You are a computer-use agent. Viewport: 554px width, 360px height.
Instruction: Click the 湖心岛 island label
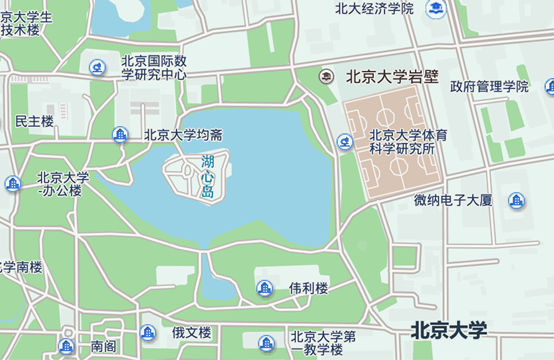pyautogui.click(x=207, y=176)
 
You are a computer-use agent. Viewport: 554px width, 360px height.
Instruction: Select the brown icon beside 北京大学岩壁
pyautogui.click(x=326, y=77)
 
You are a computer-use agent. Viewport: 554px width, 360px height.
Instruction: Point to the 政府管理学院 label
pyautogui.click(x=488, y=86)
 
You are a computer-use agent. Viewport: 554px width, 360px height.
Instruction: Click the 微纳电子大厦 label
pyautogui.click(x=454, y=200)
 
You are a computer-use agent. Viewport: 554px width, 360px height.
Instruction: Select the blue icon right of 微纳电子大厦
pyautogui.click(x=516, y=200)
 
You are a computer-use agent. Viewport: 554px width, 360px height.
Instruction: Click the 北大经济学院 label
pyautogui.click(x=374, y=8)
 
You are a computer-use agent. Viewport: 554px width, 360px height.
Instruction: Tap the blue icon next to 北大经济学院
pyautogui.click(x=436, y=8)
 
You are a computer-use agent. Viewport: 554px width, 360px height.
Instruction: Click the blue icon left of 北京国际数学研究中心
pyautogui.click(x=97, y=67)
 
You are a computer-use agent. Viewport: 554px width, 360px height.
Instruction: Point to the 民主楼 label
pyautogui.click(x=34, y=121)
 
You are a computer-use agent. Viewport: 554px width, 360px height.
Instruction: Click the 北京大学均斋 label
pyautogui.click(x=182, y=134)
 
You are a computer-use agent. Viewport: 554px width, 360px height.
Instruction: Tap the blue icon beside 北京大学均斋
pyautogui.click(x=120, y=134)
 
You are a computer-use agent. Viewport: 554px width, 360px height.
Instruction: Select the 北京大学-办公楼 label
pyautogui.click(x=62, y=184)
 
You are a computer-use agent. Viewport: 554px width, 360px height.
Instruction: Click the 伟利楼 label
pyautogui.click(x=308, y=288)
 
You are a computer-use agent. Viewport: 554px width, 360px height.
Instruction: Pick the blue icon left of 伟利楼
pyautogui.click(x=265, y=288)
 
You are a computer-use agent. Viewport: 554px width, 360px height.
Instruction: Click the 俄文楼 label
pyautogui.click(x=191, y=332)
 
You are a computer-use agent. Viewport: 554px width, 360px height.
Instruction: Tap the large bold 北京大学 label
pyautogui.click(x=449, y=329)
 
